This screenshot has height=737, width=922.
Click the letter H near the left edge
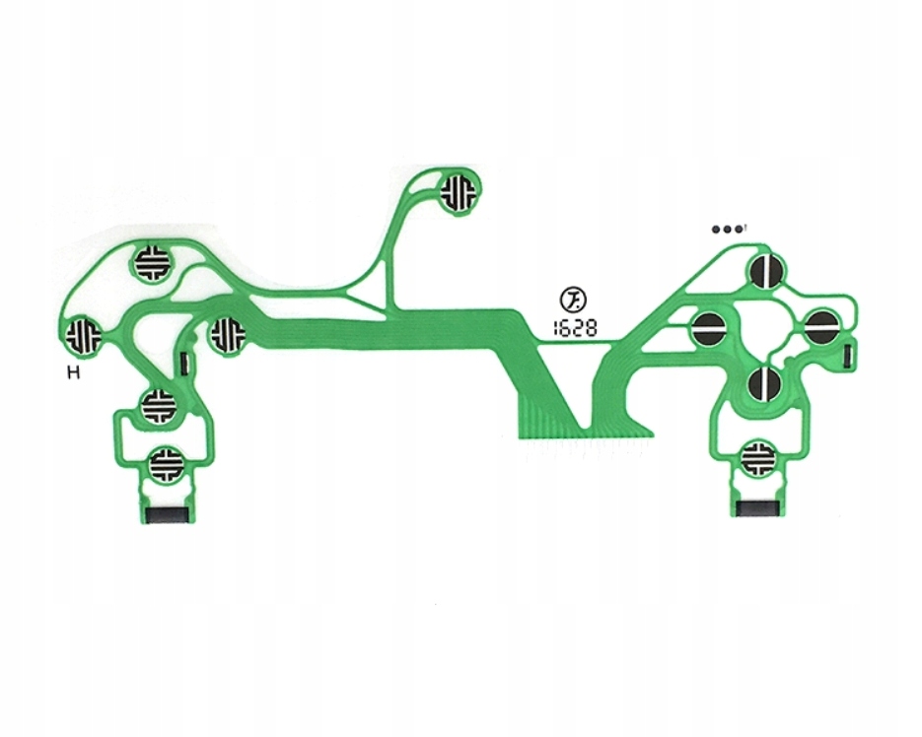pyautogui.click(x=73, y=372)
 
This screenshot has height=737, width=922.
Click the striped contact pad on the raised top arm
pyautogui.click(x=458, y=191)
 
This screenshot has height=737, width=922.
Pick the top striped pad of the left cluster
pyautogui.click(x=153, y=263)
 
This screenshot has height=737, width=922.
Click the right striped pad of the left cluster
pyautogui.click(x=227, y=334)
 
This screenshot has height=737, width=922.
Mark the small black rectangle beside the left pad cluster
pyautogui.click(x=185, y=363)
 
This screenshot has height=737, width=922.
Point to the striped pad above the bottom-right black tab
pyautogui.click(x=760, y=456)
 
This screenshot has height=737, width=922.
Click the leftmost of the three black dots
pyautogui.click(x=717, y=229)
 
